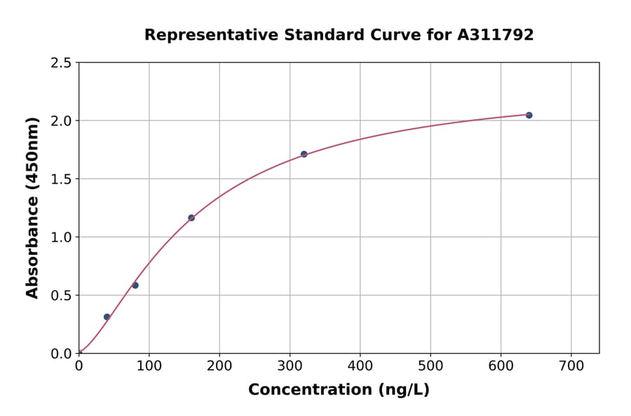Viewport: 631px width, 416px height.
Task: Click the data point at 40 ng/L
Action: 107,317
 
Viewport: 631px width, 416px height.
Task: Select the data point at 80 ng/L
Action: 135,285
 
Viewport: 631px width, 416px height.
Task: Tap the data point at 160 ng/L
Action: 191,218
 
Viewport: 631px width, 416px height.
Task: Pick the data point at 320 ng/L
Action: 304,154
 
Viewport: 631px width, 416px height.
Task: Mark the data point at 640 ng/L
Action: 529,115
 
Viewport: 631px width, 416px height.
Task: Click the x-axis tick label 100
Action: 149,366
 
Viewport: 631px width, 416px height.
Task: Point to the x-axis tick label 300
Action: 290,366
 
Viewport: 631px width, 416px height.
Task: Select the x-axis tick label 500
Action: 430,366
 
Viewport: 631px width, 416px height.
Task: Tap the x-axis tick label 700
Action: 571,366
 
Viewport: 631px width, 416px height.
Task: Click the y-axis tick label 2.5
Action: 62,63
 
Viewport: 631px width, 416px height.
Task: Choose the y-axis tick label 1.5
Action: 62,179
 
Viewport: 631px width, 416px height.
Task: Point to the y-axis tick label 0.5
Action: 62,296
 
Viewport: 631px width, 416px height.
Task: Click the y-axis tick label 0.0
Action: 62,354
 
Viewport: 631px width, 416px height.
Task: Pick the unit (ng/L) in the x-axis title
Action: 405,390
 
